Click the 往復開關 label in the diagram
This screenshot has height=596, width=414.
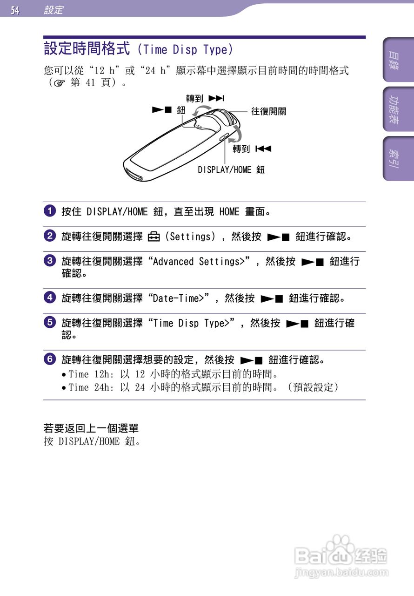pos(268,111)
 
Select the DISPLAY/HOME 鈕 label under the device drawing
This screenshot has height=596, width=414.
pos(231,170)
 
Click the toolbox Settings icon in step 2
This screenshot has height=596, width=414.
pos(154,237)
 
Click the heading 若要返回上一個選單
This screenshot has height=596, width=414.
pos(91,428)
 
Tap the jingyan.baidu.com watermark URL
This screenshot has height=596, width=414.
pos(341,572)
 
